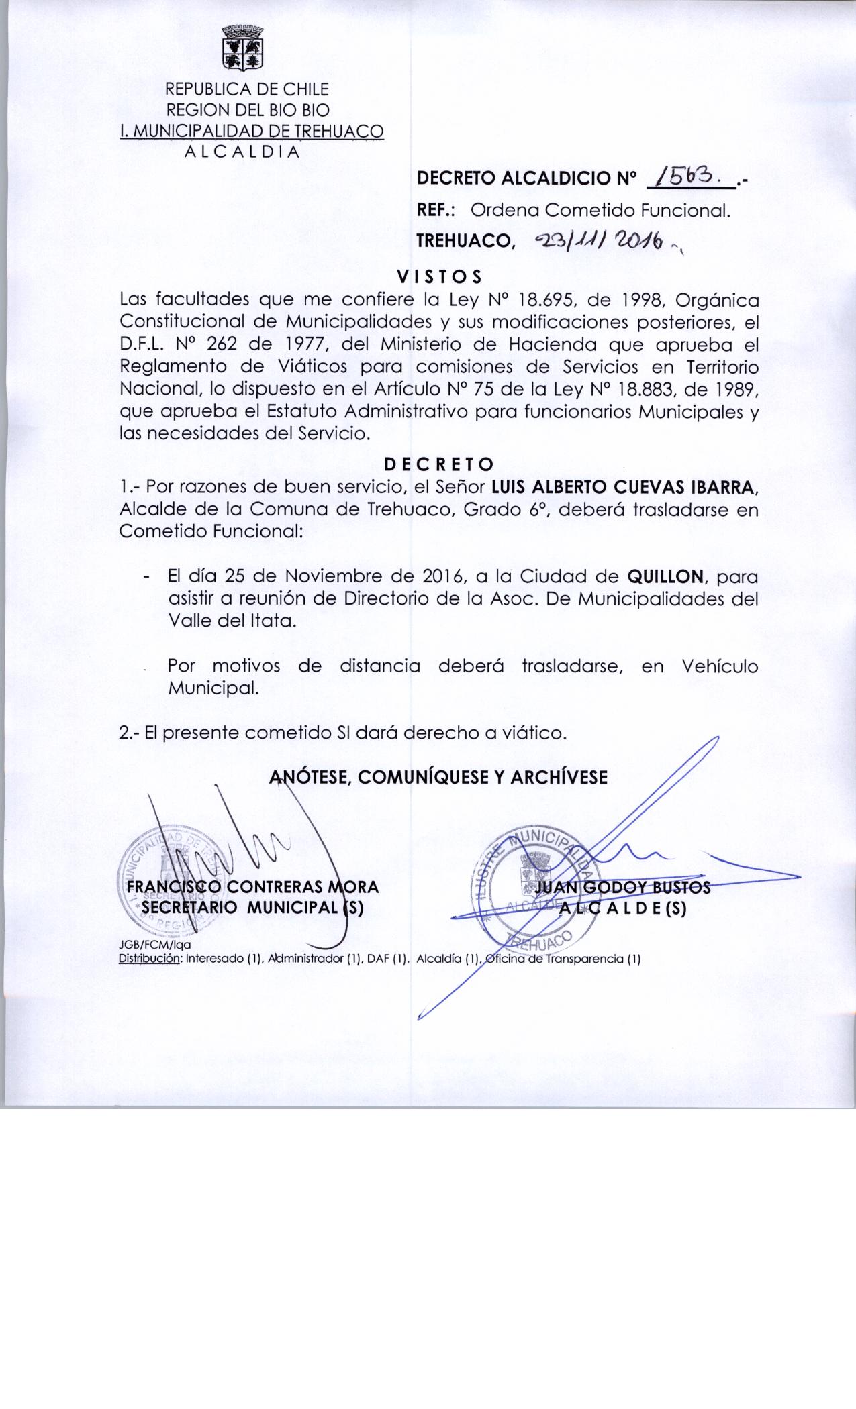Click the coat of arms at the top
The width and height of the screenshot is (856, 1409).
(243, 48)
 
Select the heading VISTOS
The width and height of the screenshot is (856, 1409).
(439, 276)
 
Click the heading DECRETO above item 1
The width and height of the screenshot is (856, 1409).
(439, 464)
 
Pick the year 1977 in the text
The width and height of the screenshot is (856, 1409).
(297, 345)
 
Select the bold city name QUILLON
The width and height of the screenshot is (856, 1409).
(666, 576)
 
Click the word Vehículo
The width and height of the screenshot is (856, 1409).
(719, 666)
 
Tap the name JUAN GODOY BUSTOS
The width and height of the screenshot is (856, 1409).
(623, 888)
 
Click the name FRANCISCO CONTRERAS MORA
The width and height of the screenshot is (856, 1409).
(253, 887)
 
